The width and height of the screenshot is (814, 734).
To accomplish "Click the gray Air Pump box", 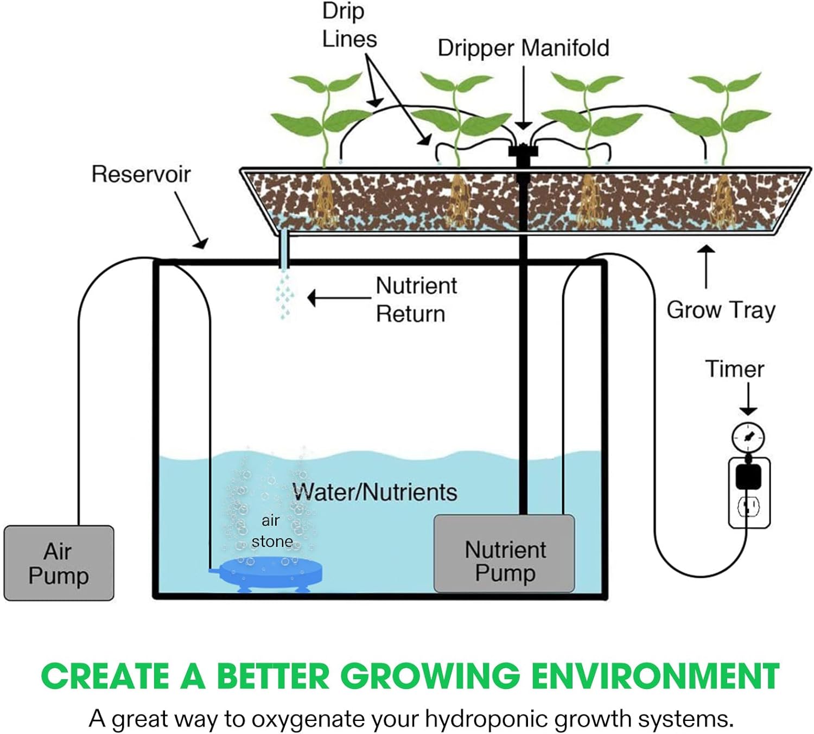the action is (59, 563).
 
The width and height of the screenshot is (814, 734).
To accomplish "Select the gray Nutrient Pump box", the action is (504, 553).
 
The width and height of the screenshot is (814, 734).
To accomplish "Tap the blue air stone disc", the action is (266, 572).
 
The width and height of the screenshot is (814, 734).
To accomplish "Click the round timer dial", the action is (748, 437).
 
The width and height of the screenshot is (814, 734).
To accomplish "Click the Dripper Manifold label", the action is (524, 48).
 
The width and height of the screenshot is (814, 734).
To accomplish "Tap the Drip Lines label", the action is (349, 25).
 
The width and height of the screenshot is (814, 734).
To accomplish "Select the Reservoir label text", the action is (141, 175).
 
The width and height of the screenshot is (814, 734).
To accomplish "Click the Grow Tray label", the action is (721, 310).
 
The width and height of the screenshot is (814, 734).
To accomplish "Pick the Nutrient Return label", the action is (416, 300).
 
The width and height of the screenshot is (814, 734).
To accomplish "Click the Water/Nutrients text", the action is (375, 492).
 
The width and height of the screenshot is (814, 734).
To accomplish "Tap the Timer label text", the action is (735, 369).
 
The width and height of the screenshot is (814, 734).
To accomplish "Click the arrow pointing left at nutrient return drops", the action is (339, 298).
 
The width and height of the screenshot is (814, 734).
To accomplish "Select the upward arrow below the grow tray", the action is (707, 266).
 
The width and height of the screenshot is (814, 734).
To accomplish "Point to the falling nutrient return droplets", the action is (284, 296).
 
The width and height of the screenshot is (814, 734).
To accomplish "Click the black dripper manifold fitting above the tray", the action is (523, 152).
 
